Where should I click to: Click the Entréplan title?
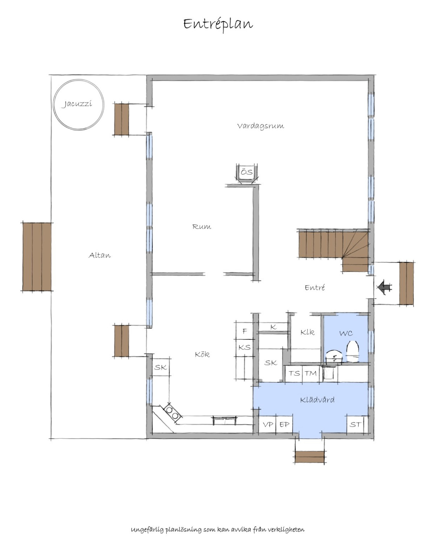click(x=218, y=24)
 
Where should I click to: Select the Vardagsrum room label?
click(x=261, y=126)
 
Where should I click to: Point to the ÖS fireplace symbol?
click(x=247, y=173)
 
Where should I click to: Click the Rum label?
click(x=202, y=227)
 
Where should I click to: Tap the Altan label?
click(x=100, y=255)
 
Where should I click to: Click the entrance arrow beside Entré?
click(x=384, y=287)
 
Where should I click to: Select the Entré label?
click(x=315, y=288)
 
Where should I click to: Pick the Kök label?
click(x=202, y=355)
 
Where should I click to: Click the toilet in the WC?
click(x=353, y=351)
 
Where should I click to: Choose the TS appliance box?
click(x=294, y=373)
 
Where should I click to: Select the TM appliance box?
click(x=311, y=373)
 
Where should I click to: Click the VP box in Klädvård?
click(x=268, y=425)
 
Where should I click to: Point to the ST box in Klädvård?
click(x=355, y=425)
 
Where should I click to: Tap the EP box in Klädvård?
click(x=284, y=425)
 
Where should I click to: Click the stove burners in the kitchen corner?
click(x=172, y=413)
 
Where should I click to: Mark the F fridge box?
click(x=244, y=331)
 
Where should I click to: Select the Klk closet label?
click(x=307, y=332)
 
